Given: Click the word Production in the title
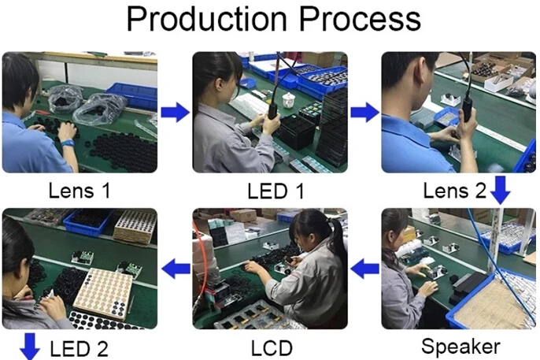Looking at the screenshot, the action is (x=206, y=19).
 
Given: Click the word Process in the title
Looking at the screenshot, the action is (x=360, y=19).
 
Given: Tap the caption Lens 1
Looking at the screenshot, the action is (x=80, y=191).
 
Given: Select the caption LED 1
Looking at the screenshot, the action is (x=276, y=191).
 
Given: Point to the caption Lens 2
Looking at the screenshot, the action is (x=454, y=191).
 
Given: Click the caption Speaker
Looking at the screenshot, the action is (x=460, y=347).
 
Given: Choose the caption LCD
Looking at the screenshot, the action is (x=272, y=348).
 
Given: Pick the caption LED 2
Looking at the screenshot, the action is (x=79, y=349).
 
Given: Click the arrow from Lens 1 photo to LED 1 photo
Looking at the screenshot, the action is (x=176, y=113).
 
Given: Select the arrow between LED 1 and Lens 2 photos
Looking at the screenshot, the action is (x=365, y=113).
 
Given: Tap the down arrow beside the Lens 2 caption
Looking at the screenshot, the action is (x=500, y=190).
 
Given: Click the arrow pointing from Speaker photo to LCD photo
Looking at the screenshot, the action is (x=365, y=269).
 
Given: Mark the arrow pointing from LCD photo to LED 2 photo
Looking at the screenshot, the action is (x=176, y=269).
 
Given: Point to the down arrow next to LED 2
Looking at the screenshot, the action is (x=30, y=347).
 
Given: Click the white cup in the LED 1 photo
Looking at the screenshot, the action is (x=289, y=100).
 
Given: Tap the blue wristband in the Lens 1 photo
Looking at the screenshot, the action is (x=68, y=143).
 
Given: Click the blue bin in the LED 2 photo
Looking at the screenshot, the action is (x=89, y=222).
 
